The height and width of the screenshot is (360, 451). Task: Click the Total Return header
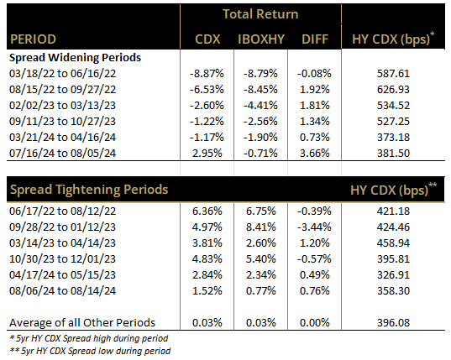click(260, 13)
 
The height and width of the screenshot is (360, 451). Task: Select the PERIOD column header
click(35, 39)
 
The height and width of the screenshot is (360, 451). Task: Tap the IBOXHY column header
click(260, 39)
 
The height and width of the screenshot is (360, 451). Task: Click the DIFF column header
click(312, 39)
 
